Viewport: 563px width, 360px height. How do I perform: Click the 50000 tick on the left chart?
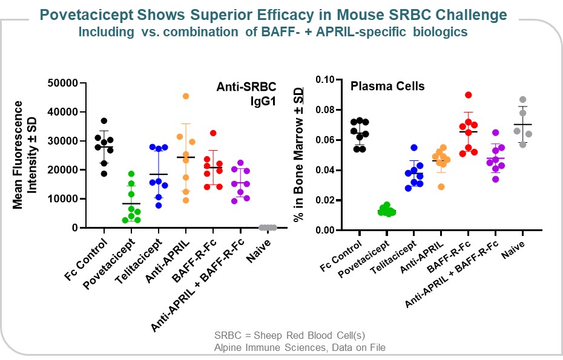pyautogui.click(x=67, y=83)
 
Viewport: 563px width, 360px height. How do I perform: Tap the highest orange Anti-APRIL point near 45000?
pyautogui.click(x=186, y=96)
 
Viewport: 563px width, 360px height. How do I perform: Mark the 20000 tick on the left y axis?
pyautogui.click(x=67, y=170)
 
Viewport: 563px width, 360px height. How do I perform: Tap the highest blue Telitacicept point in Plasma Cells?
pyautogui.click(x=414, y=148)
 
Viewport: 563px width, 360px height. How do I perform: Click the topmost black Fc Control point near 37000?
pyautogui.click(x=104, y=121)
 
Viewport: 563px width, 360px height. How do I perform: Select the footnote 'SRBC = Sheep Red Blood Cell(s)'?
pyautogui.click(x=289, y=336)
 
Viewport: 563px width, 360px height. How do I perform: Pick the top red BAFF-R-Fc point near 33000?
pyautogui.click(x=212, y=133)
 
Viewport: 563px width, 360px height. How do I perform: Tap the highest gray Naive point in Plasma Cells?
pyautogui.click(x=522, y=99)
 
